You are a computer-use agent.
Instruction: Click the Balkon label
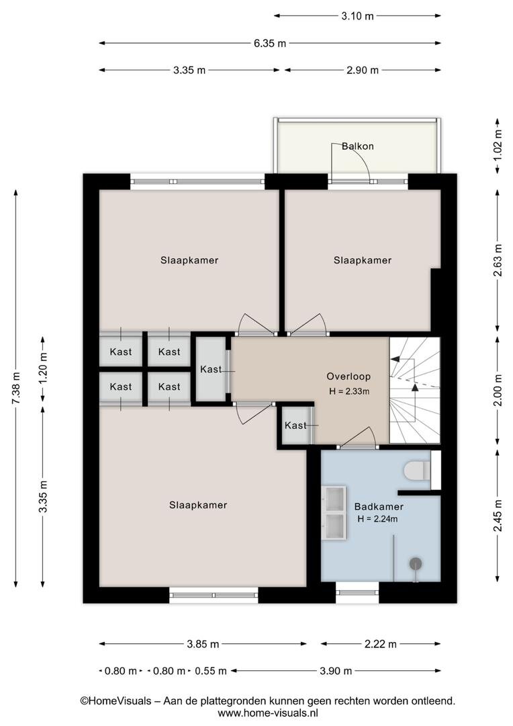(358, 147)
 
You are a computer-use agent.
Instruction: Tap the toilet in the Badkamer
(417, 471)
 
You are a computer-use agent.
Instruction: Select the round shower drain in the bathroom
(416, 563)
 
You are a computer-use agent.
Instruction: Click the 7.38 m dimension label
(16, 388)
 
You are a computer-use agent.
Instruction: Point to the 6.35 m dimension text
(270, 44)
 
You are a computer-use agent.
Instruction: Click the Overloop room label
(348, 376)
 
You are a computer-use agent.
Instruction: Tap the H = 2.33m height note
(349, 391)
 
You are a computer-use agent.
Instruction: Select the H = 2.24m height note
(377, 519)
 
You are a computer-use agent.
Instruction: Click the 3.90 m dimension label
(336, 671)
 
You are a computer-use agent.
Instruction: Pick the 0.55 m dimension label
(211, 671)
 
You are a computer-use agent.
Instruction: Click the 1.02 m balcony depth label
(498, 145)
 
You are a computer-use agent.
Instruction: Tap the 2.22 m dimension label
(381, 644)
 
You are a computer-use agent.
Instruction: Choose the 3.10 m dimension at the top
(358, 16)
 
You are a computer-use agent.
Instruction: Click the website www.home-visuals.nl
(268, 713)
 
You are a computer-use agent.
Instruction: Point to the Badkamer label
(379, 507)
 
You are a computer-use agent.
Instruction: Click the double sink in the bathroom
(334, 512)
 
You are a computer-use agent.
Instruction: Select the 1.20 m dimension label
(43, 368)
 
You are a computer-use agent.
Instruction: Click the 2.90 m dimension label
(363, 71)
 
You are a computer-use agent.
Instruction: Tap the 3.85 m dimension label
(203, 644)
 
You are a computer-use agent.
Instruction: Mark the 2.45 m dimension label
(498, 516)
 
